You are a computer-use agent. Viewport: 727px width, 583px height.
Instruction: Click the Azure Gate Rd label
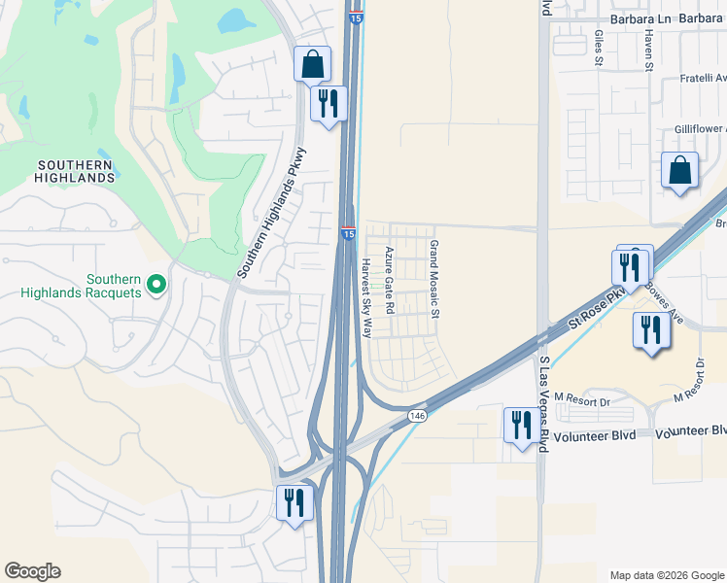[389, 280]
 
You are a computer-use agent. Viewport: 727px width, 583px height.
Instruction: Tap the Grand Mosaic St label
[434, 280]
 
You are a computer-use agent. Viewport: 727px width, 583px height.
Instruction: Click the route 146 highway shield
[417, 415]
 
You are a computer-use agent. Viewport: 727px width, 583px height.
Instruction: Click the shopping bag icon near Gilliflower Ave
[680, 171]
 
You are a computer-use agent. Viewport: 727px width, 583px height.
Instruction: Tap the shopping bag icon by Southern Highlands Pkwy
[313, 65]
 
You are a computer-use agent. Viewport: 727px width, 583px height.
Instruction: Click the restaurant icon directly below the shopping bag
[328, 102]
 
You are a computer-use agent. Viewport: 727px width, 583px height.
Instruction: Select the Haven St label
[647, 49]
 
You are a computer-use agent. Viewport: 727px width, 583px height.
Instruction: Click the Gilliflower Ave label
[700, 129]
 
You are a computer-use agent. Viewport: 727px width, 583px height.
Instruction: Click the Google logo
[32, 571]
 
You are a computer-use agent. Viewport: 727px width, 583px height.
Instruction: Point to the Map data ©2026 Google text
[666, 575]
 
